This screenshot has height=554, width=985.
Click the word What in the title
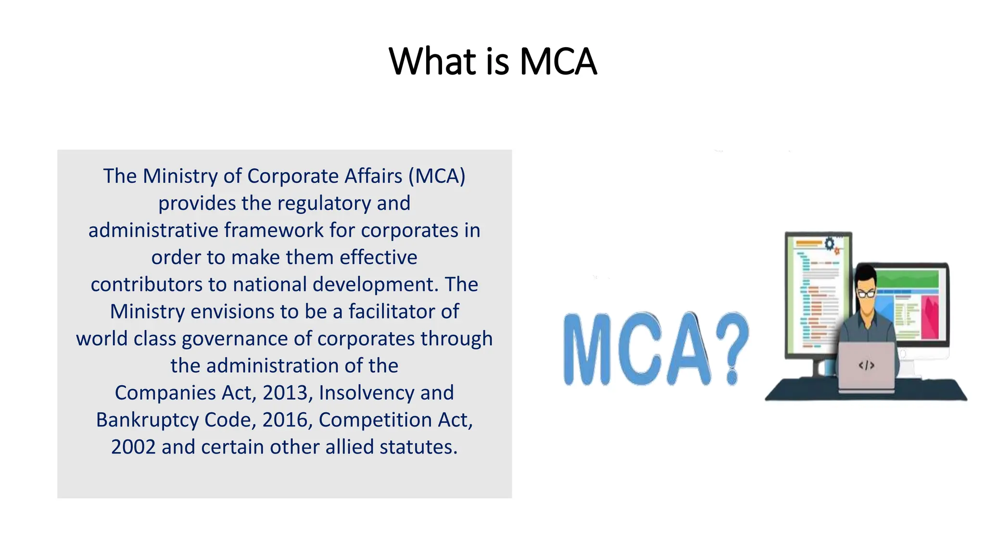pyautogui.click(x=432, y=62)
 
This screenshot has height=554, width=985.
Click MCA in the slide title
pyautogui.click(x=558, y=62)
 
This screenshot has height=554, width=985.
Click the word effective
pyautogui.click(x=379, y=257)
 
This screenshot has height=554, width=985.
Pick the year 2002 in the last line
pyautogui.click(x=133, y=447)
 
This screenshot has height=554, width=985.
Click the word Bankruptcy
pyautogui.click(x=147, y=420)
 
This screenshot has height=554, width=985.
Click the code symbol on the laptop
pyautogui.click(x=866, y=365)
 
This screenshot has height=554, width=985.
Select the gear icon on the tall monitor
pyautogui.click(x=830, y=243)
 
